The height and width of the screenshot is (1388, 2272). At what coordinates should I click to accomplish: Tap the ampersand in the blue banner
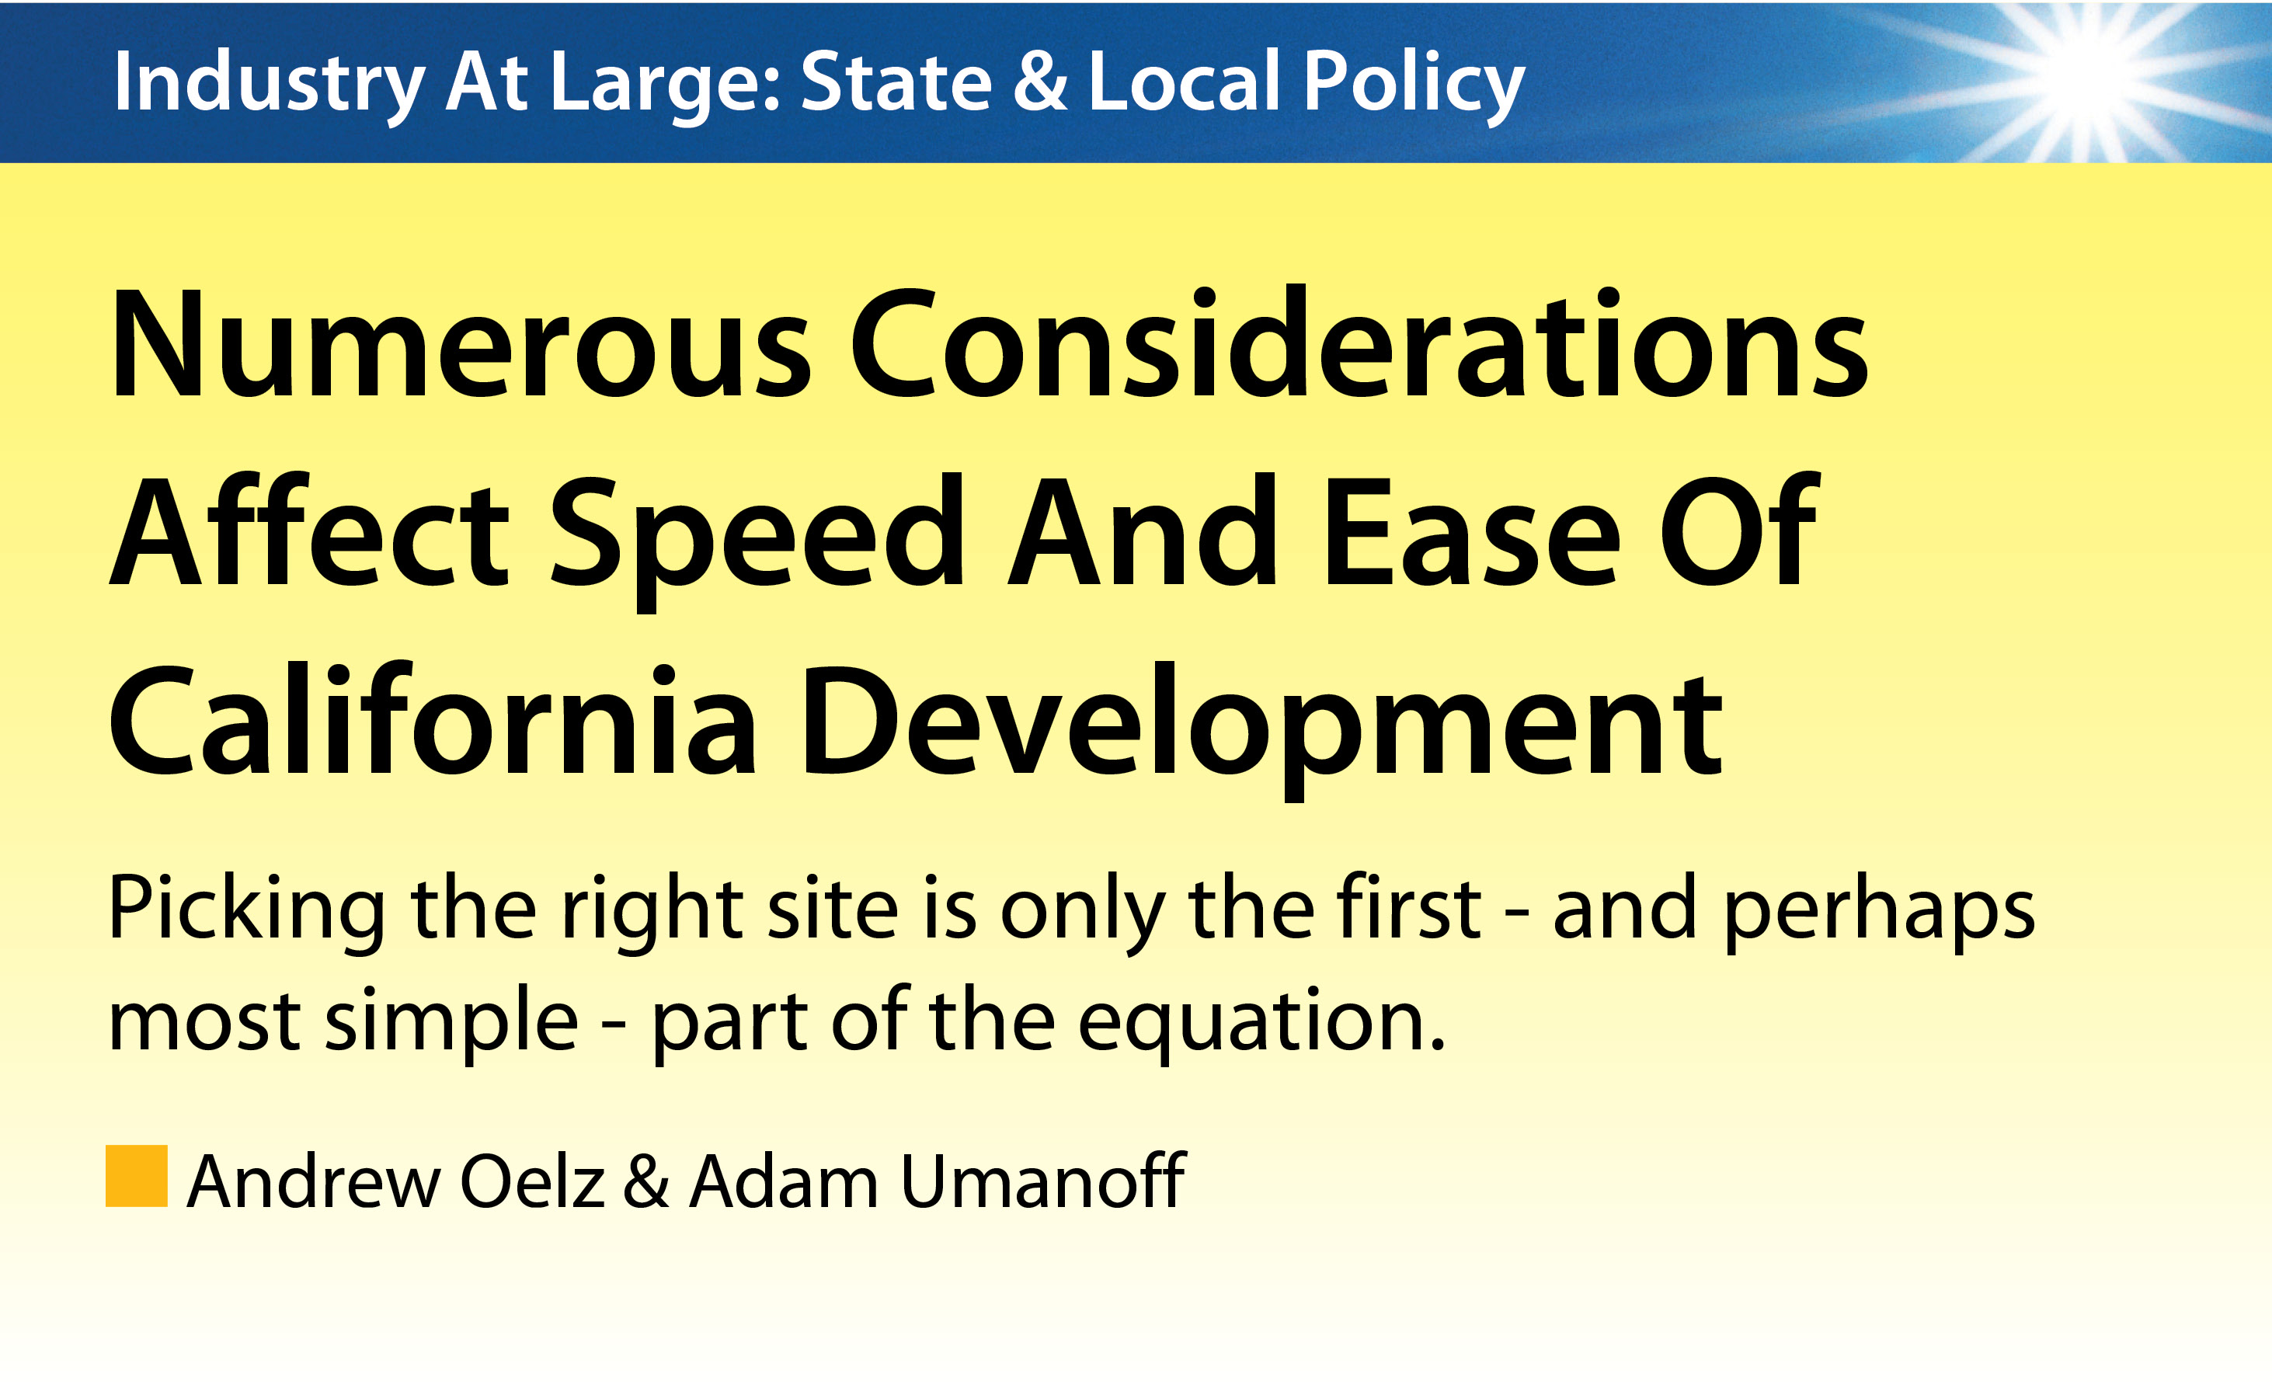1039,80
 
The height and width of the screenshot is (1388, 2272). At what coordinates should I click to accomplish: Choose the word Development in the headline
1262,729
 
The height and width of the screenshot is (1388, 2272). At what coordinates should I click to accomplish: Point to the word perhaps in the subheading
1878,912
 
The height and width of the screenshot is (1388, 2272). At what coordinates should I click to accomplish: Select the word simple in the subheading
452,1024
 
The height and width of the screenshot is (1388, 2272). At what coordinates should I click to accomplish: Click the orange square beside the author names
137,1176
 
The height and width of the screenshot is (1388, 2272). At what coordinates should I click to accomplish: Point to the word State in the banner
896,82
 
